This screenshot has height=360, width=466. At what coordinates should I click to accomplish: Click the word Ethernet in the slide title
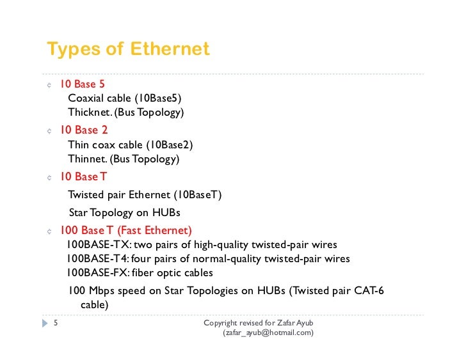170,49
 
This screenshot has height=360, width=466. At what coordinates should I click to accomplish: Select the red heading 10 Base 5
83,84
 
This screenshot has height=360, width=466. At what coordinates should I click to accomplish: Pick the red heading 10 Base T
83,176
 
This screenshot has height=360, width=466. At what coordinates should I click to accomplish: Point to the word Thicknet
89,113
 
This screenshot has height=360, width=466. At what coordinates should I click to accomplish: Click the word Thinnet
88,159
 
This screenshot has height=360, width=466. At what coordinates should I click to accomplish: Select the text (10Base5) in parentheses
157,98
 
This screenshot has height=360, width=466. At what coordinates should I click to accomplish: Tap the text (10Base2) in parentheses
169,145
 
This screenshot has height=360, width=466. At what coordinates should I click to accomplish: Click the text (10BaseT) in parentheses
197,194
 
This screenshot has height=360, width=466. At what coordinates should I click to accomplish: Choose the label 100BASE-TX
97,245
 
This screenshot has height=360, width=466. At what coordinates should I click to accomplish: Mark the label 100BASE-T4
97,259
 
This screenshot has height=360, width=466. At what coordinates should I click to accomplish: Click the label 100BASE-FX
97,273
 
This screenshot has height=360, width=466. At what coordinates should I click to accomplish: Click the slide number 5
56,324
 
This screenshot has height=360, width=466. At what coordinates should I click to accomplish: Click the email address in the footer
268,333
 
